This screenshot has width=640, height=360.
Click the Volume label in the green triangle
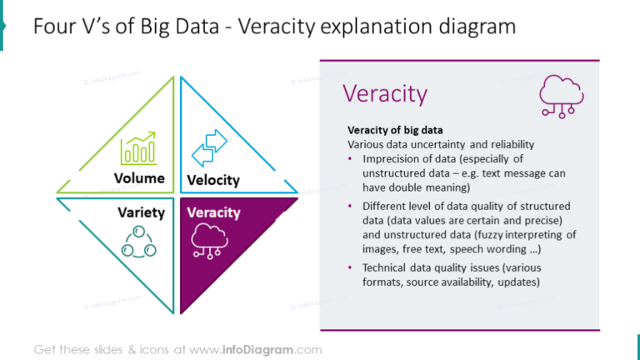coord(138,178)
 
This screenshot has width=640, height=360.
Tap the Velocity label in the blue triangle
coord(213,180)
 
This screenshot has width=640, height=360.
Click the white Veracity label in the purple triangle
coord(213,212)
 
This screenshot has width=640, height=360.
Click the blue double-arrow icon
coord(208,147)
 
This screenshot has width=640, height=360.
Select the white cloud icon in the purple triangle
coord(209,239)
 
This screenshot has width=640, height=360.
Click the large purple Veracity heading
coord(386,93)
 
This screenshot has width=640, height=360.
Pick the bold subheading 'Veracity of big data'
coord(394,131)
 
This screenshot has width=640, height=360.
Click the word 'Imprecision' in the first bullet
coord(392,158)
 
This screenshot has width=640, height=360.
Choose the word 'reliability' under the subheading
coord(508,144)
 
